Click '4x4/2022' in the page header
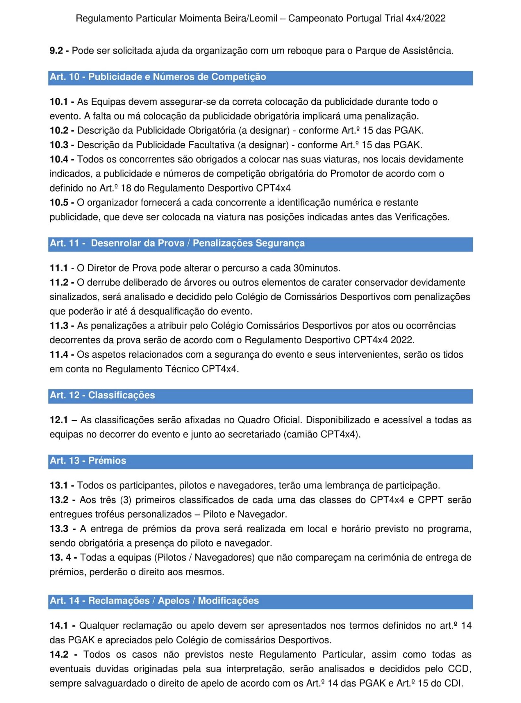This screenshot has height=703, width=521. pos(426,18)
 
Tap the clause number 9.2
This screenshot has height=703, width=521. pos(56,51)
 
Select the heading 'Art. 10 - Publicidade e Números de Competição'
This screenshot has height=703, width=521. pos(158,77)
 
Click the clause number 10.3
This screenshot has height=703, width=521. pos(59,145)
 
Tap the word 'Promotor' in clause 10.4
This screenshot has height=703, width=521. pos(349,174)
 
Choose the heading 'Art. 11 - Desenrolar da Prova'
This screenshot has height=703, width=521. pos(177,243)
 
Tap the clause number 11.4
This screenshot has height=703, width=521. pos(59,354)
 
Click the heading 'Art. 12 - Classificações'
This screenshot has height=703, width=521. pos(102,395)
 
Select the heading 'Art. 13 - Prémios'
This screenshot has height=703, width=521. pos(88,460)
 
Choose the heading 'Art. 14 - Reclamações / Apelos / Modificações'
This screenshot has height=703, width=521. pos(154,600)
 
